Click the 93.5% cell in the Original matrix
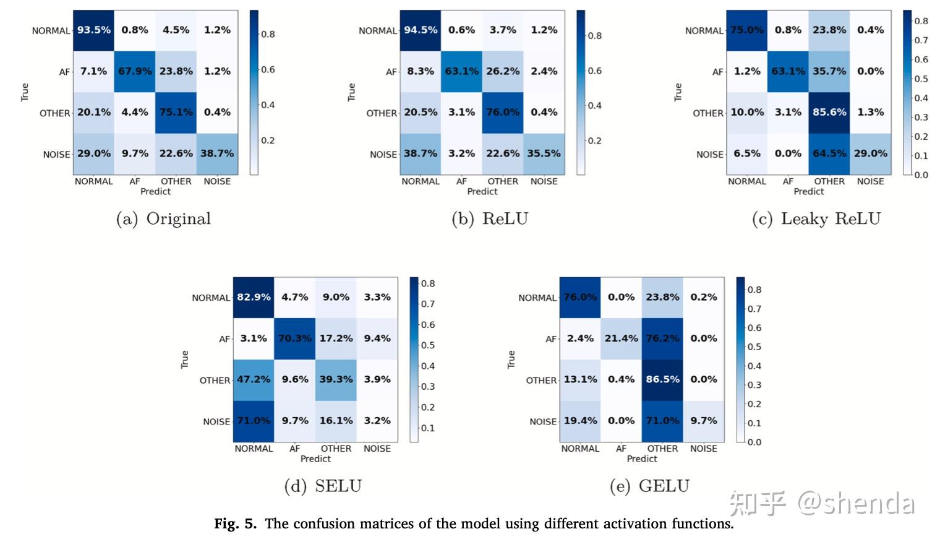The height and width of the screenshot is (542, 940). (x=93, y=30)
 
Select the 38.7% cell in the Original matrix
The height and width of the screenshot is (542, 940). (x=217, y=153)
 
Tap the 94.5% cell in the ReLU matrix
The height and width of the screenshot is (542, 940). (x=420, y=30)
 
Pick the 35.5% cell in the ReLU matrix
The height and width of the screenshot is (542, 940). (x=544, y=153)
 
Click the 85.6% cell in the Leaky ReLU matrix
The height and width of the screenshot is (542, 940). (x=829, y=113)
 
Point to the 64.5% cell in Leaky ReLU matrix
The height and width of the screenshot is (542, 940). (x=829, y=153)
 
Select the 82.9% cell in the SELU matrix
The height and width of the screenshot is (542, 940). (x=254, y=297)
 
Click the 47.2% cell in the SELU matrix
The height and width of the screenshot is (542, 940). (x=254, y=379)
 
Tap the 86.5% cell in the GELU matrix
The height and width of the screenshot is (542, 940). (x=662, y=379)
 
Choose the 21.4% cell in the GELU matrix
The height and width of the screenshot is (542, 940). (x=621, y=338)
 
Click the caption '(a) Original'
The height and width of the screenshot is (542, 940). (x=163, y=219)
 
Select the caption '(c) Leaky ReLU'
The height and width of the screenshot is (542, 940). (x=816, y=219)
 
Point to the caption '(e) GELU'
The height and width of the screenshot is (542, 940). (x=649, y=486)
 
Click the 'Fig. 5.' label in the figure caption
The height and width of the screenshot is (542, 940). (x=235, y=524)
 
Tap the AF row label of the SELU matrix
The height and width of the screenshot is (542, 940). (x=224, y=339)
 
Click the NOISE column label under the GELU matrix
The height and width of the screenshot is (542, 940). (x=703, y=449)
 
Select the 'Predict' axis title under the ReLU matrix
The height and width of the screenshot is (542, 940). (x=482, y=192)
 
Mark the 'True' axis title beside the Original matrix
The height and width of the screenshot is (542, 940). (x=25, y=92)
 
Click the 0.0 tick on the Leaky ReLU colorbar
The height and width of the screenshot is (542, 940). (x=921, y=175)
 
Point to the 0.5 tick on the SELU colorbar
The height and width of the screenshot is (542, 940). (x=428, y=345)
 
